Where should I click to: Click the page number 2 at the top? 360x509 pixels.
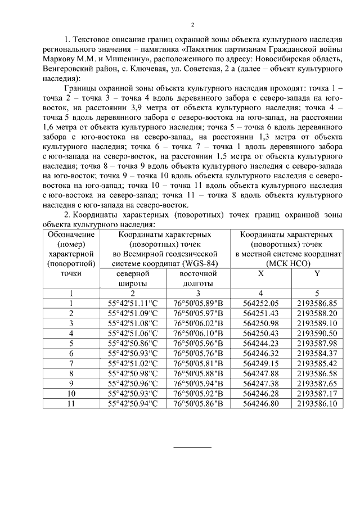click(192, 25)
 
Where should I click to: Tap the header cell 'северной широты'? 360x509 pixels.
click(133, 278)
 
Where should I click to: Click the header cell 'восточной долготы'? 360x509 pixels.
click(199, 278)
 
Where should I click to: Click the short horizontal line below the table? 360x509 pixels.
click(192, 447)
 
